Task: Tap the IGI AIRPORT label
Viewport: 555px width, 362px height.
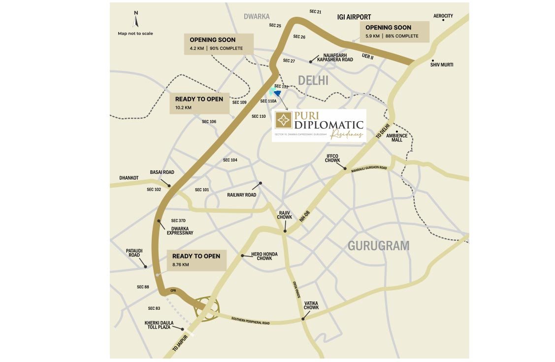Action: pyautogui.click(x=354, y=17)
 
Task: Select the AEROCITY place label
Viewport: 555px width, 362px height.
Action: pyautogui.click(x=443, y=16)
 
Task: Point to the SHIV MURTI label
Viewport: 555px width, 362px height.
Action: pyautogui.click(x=441, y=65)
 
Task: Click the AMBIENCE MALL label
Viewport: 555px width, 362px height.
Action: pyautogui.click(x=397, y=137)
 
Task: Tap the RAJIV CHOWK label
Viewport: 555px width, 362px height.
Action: pyautogui.click(x=285, y=215)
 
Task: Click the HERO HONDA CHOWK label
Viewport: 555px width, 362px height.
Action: pyautogui.click(x=264, y=256)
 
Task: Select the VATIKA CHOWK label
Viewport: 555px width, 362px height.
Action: pyautogui.click(x=311, y=305)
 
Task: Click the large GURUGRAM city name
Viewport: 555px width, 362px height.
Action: pyautogui.click(x=378, y=246)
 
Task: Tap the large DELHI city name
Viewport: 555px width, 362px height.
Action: pyautogui.click(x=313, y=80)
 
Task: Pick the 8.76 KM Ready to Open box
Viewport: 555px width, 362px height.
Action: pyautogui.click(x=196, y=260)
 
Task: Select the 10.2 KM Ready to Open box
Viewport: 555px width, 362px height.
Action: pyautogui.click(x=199, y=102)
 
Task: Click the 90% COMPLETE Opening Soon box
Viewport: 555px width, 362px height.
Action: pyautogui.click(x=218, y=44)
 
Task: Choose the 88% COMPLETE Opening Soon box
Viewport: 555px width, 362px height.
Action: pyautogui.click(x=394, y=32)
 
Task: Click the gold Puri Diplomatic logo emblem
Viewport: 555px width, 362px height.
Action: pyautogui.click(x=283, y=120)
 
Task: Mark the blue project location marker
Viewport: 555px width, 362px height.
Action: pyautogui.click(x=277, y=92)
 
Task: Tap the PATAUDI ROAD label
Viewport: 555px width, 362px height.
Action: pyautogui.click(x=134, y=253)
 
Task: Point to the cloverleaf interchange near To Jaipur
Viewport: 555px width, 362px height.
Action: pyautogui.click(x=206, y=308)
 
